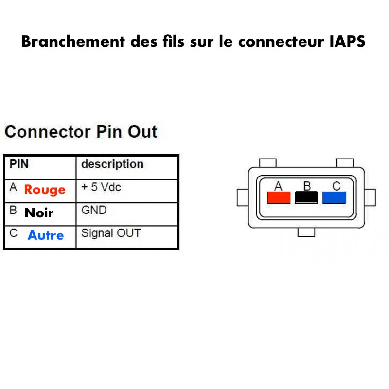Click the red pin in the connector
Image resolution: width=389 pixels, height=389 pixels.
[x=279, y=197]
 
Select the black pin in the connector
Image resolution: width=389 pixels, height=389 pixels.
[x=306, y=197]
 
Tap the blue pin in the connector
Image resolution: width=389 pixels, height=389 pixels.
[x=334, y=197]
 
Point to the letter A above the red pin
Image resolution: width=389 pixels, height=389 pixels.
[x=278, y=186]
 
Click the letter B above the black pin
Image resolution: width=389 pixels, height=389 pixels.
[x=307, y=186]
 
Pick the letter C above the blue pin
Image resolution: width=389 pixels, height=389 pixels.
[x=336, y=186]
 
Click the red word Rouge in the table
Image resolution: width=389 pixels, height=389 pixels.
[x=45, y=190]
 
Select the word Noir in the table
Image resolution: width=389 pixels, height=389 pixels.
[x=39, y=213]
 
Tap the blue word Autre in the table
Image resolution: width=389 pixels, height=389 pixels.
[x=46, y=235]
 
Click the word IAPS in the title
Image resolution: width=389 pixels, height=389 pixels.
[x=347, y=41]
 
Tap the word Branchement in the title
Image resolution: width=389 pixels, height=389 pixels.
[x=73, y=41]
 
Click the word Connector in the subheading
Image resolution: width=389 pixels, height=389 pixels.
[x=48, y=132]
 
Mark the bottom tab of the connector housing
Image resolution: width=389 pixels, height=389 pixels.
[x=306, y=232]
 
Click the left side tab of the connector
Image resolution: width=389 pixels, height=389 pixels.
[x=243, y=197]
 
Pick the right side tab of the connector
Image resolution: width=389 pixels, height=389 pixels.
[x=370, y=197]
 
